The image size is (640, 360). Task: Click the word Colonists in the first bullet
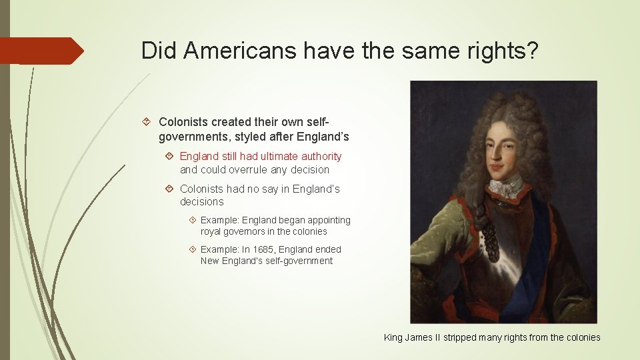183,122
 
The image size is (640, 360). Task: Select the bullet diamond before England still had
169,156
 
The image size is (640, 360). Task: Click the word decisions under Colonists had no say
202,201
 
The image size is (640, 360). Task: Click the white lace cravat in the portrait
504,187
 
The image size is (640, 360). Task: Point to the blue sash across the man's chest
533,260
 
